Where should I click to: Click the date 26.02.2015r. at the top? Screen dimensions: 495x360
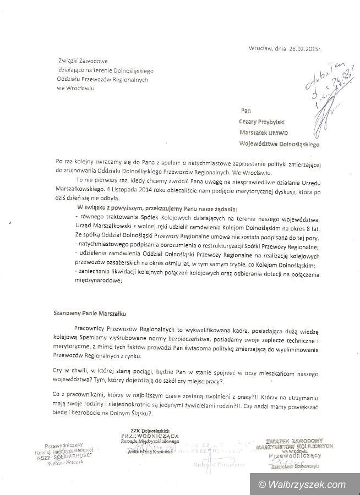tap(305, 48)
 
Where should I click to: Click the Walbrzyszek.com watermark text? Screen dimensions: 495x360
tap(312, 485)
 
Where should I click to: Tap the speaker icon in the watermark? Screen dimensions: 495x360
tap(260, 485)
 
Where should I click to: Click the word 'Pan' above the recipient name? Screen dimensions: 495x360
tap(246, 110)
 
